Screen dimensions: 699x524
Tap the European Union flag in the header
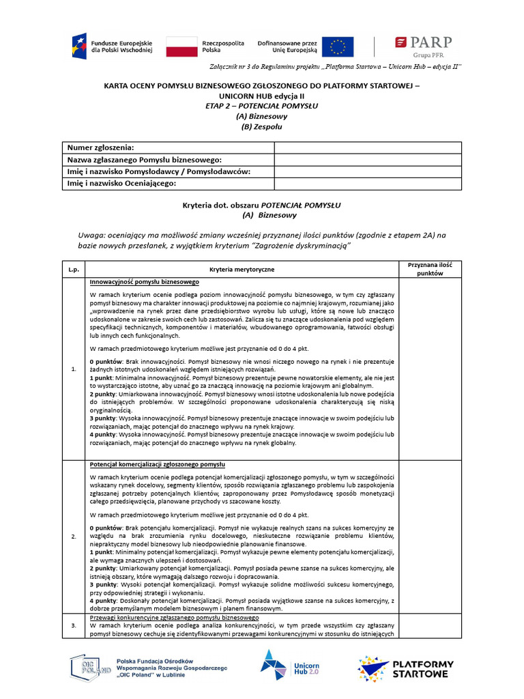[x=338, y=46]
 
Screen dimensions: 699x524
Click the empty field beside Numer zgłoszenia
[x=368, y=147]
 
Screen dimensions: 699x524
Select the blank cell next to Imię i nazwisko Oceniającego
[x=368, y=184]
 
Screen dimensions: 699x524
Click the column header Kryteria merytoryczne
[x=242, y=270]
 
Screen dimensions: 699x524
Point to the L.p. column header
[x=74, y=270]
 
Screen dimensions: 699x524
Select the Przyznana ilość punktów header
[x=430, y=269]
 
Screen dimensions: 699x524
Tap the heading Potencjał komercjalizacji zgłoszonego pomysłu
[x=157, y=464]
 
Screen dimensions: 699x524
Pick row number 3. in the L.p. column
[x=74, y=625]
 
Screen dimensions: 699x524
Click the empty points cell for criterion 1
[x=430, y=369]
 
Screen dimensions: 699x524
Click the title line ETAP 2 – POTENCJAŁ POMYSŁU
[x=261, y=106]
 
